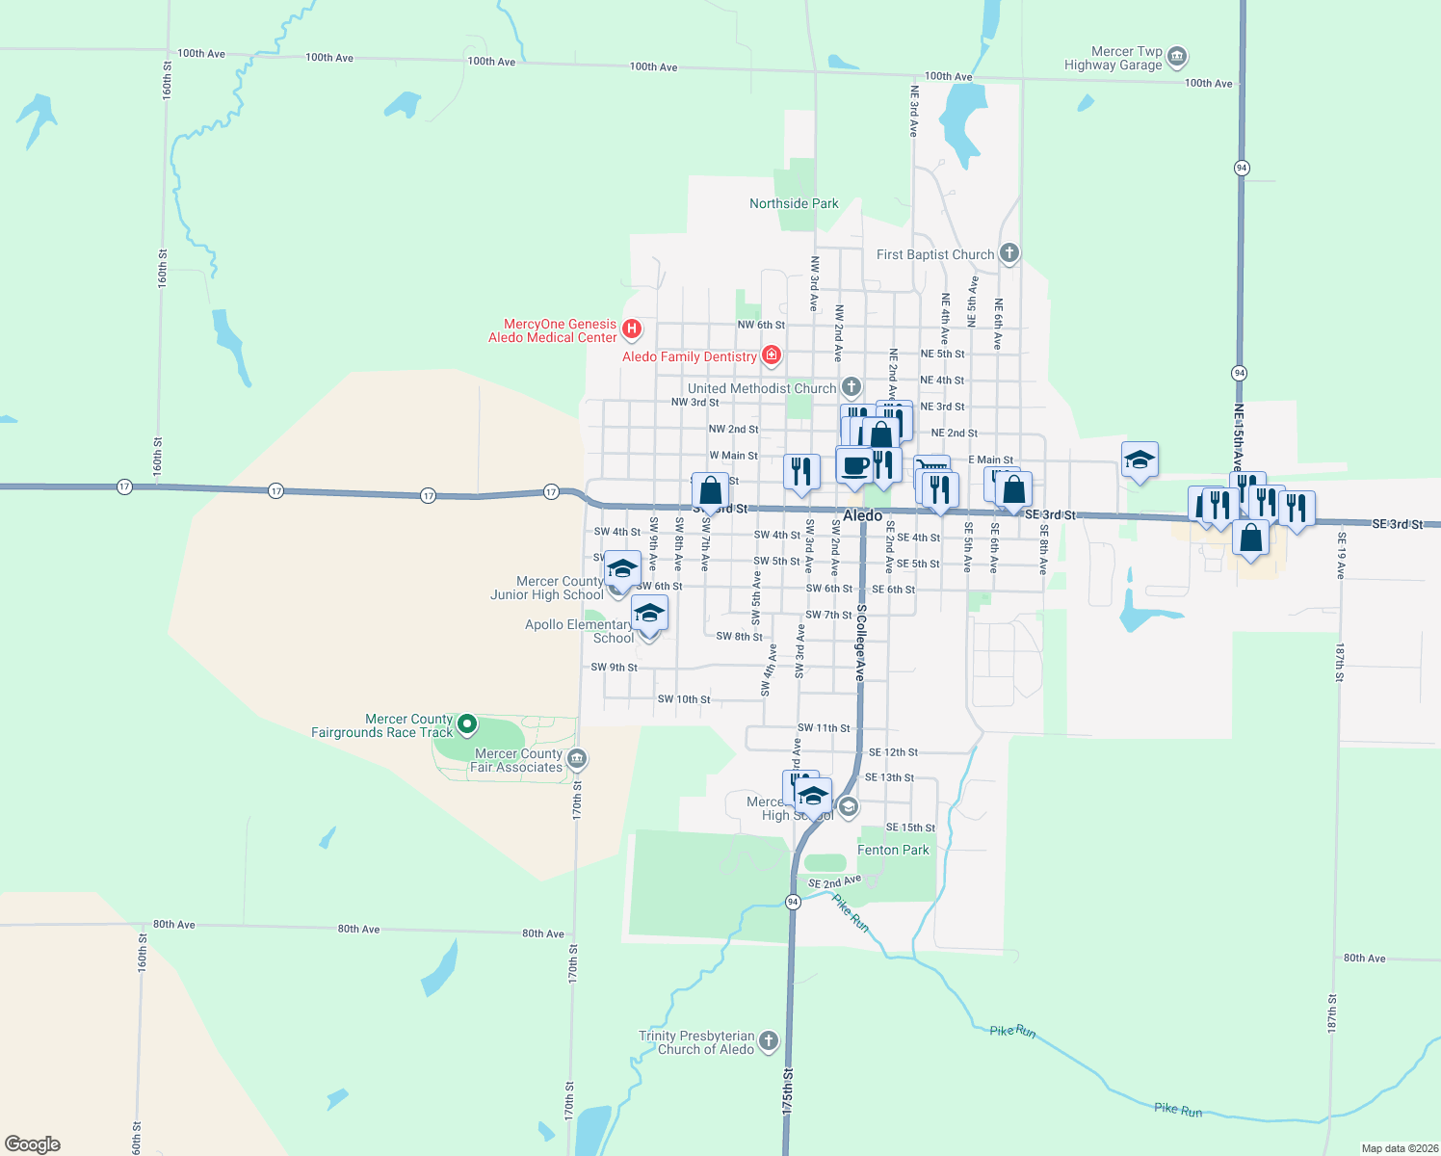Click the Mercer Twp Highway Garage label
pyautogui.click(x=1113, y=58)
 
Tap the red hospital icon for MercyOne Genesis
pyautogui.click(x=632, y=329)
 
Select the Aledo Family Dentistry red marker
pyautogui.click(x=771, y=355)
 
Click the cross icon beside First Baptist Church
pyautogui.click(x=1009, y=253)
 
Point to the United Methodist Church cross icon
pyautogui.click(x=851, y=387)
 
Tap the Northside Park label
pyautogui.click(x=794, y=203)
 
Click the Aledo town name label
pyautogui.click(x=862, y=516)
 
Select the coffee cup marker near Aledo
pyautogui.click(x=854, y=466)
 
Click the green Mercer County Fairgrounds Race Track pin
pyautogui.click(x=467, y=722)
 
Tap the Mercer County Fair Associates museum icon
pyautogui.click(x=577, y=759)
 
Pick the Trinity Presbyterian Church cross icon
pyautogui.click(x=768, y=1040)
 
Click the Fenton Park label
pyautogui.click(x=893, y=850)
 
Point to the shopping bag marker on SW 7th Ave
pyautogui.click(x=710, y=492)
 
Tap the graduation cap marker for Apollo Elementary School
pyautogui.click(x=649, y=614)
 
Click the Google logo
pyautogui.click(x=33, y=1143)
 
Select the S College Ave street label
pyautogui.click(x=861, y=644)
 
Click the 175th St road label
pyautogui.click(x=788, y=1090)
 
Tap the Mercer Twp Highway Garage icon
pyautogui.click(x=1176, y=58)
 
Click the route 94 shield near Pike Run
pyautogui.click(x=793, y=902)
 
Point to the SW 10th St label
pyautogui.click(x=684, y=699)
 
